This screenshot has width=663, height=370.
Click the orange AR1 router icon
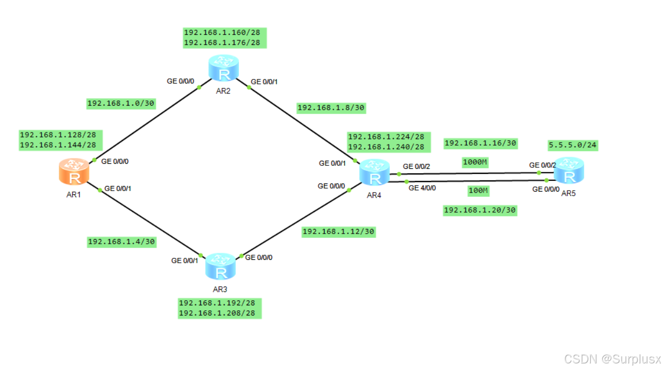coord(74,172)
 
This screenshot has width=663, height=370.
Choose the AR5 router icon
coord(570,171)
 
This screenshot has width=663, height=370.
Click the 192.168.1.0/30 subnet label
coord(121,104)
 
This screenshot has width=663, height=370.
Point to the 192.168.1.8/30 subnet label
coord(331,108)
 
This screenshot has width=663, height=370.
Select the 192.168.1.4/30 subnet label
coord(121,242)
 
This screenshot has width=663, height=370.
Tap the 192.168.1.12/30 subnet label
coord(338,232)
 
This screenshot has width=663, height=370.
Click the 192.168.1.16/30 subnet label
coord(480,143)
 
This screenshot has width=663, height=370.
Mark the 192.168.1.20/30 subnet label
coord(480,210)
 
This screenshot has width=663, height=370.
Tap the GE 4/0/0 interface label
coord(422,188)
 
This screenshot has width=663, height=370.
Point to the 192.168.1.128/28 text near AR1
coord(58,135)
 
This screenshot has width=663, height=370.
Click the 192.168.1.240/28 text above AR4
coord(386,147)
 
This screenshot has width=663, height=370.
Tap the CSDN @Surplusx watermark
coord(612,359)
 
